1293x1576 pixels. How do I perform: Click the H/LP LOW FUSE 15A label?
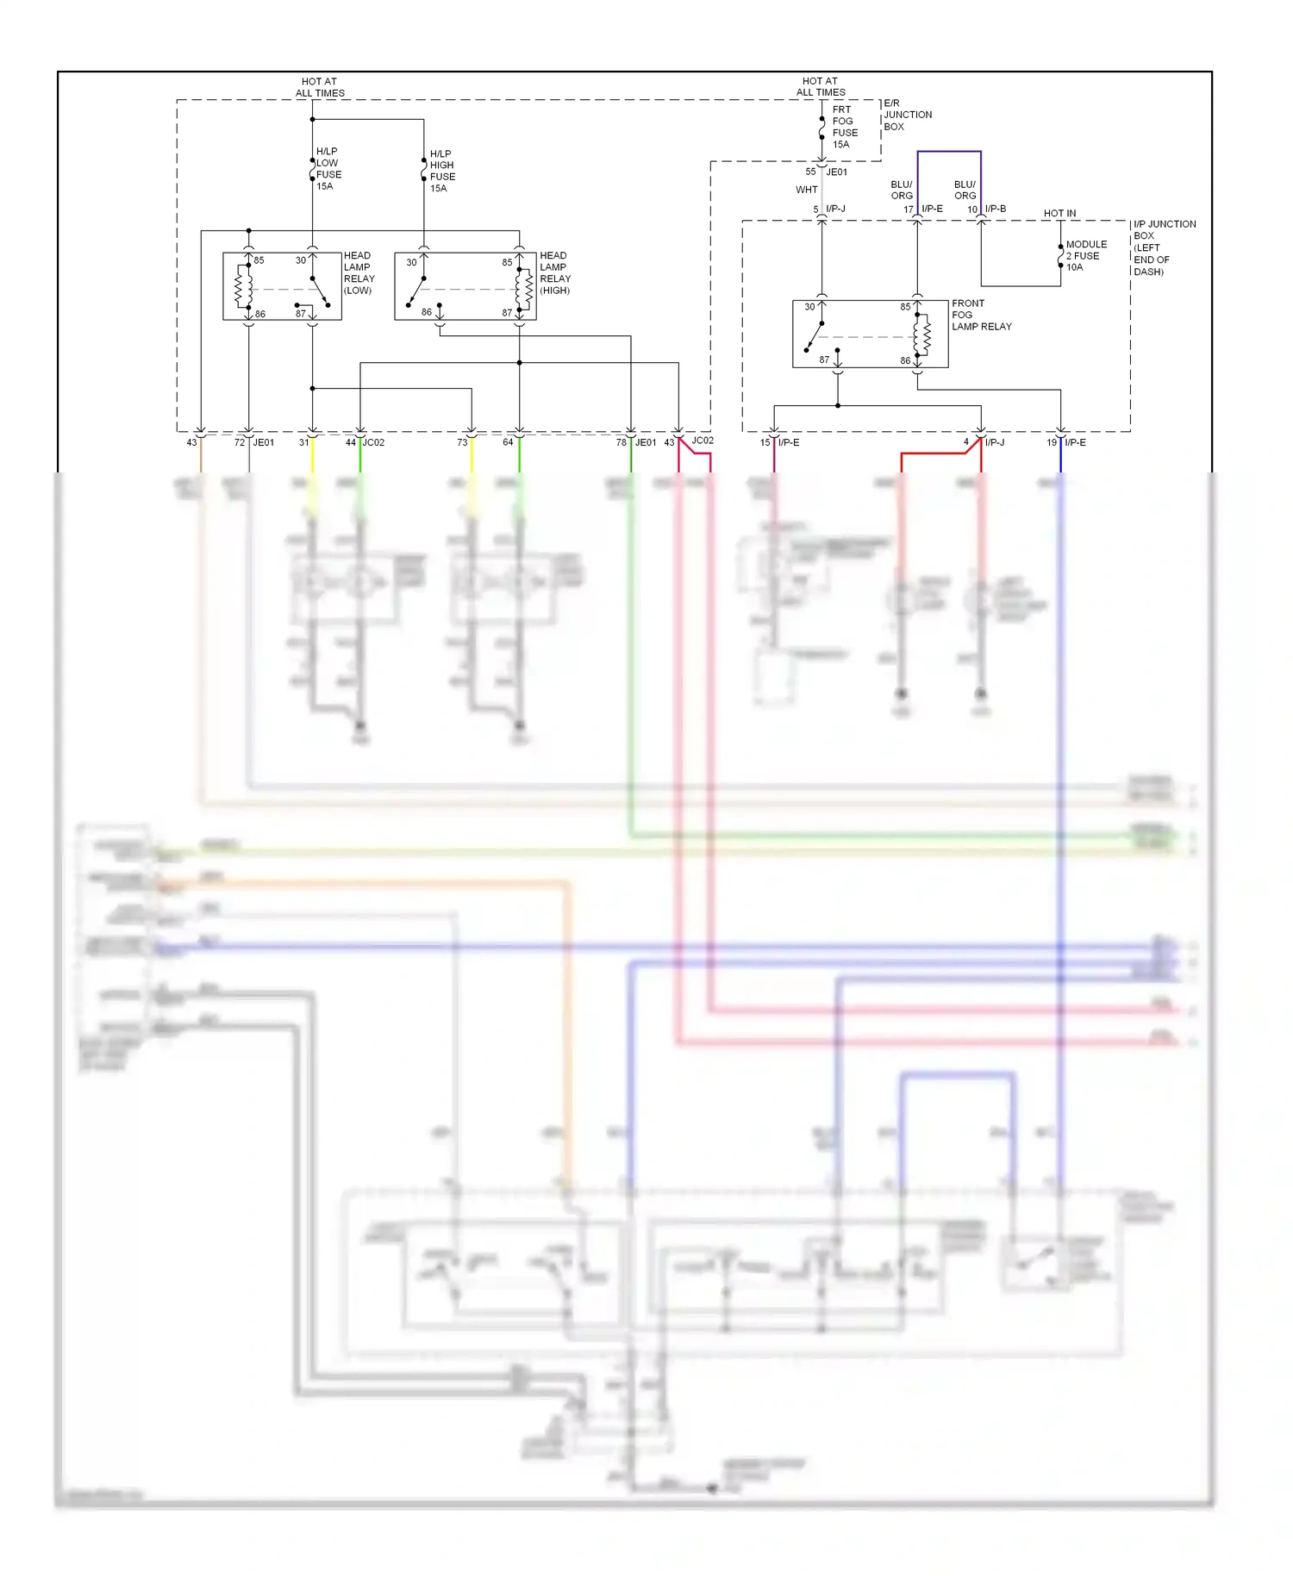[x=328, y=169]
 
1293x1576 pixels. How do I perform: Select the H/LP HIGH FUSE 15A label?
[x=442, y=171]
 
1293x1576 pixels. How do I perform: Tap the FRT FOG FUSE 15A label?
[x=845, y=127]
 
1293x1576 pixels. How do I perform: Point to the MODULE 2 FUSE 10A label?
[x=1085, y=256]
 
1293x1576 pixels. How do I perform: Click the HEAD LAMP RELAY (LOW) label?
[x=359, y=272]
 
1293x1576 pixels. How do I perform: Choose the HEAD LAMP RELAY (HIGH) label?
[x=555, y=272]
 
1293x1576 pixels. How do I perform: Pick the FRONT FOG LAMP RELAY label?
[x=981, y=315]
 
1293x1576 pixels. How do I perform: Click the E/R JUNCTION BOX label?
[x=907, y=115]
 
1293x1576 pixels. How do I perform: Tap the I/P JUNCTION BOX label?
[x=1164, y=247]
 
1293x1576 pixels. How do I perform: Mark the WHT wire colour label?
[x=806, y=190]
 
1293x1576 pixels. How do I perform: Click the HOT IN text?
[x=1059, y=213]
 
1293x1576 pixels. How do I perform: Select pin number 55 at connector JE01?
[x=810, y=172]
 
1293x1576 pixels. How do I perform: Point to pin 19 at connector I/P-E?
[x=1051, y=442]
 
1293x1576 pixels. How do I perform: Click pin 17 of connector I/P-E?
[x=908, y=210]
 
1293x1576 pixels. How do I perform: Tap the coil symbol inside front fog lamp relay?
[x=922, y=335]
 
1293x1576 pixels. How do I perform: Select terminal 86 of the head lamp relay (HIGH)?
[x=427, y=312]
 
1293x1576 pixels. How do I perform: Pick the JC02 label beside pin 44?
[x=373, y=442]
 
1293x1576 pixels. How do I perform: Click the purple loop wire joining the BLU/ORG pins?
[x=949, y=152]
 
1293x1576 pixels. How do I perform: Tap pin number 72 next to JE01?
[x=240, y=442]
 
